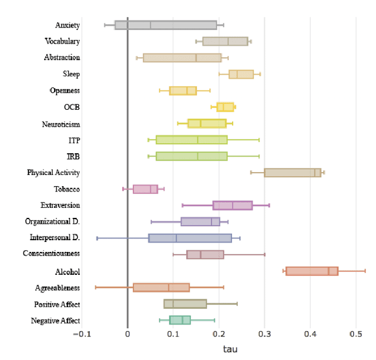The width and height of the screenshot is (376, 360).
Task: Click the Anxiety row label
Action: click(x=68, y=25)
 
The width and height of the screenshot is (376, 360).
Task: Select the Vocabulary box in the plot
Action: click(x=225, y=41)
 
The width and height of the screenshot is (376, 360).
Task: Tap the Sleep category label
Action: click(x=71, y=74)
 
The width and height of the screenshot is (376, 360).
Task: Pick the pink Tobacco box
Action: click(x=145, y=189)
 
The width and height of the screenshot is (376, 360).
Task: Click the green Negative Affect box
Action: click(x=180, y=320)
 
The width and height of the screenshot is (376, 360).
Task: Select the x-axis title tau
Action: click(x=230, y=349)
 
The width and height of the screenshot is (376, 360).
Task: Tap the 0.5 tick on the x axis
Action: click(x=356, y=334)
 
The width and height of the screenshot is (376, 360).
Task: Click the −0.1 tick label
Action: click(x=82, y=334)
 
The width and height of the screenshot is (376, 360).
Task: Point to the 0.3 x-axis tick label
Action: click(x=264, y=334)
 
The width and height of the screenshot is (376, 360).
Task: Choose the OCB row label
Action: click(x=72, y=107)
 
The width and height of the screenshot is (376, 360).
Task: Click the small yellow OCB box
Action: click(x=225, y=107)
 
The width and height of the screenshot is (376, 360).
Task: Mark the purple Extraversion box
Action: click(x=233, y=206)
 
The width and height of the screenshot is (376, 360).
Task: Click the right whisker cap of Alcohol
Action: click(x=365, y=271)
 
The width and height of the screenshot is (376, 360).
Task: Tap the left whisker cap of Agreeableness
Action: click(x=95, y=287)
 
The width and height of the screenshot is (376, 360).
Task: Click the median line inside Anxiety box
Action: click(x=150, y=25)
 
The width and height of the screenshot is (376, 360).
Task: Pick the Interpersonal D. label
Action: click(x=55, y=237)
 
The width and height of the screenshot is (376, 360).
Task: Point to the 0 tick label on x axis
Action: click(x=127, y=334)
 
